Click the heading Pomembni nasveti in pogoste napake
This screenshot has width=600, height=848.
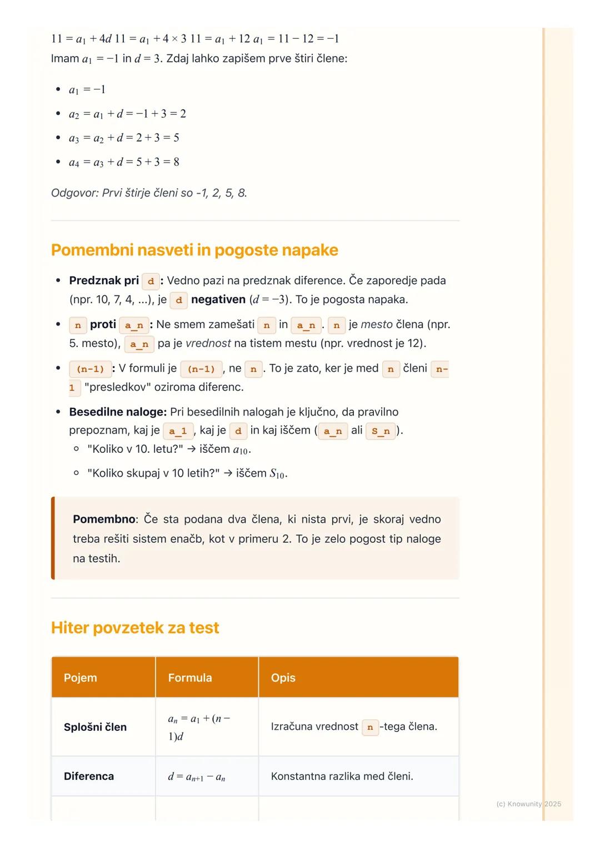[194, 250]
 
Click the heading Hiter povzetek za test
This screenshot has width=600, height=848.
[135, 628]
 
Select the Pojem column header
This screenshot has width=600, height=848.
[81, 678]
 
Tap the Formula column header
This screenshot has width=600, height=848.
[190, 678]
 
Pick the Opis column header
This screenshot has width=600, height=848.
[283, 678]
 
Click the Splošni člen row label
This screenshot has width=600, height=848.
[95, 727]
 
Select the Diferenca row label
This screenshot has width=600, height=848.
[89, 776]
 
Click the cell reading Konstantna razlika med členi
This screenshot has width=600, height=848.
[342, 776]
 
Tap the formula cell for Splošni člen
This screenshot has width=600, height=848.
[198, 727]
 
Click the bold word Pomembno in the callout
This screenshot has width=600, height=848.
[104, 519]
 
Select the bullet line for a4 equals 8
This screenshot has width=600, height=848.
[124, 162]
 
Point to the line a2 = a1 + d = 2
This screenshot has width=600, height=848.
[127, 114]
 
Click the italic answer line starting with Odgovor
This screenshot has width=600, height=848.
[149, 193]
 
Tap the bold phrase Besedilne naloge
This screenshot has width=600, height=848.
[117, 412]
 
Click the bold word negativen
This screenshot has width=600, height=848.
[218, 300]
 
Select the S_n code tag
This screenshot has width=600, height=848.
[381, 431]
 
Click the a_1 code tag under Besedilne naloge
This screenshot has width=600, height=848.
[178, 431]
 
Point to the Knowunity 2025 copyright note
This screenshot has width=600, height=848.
[528, 804]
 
